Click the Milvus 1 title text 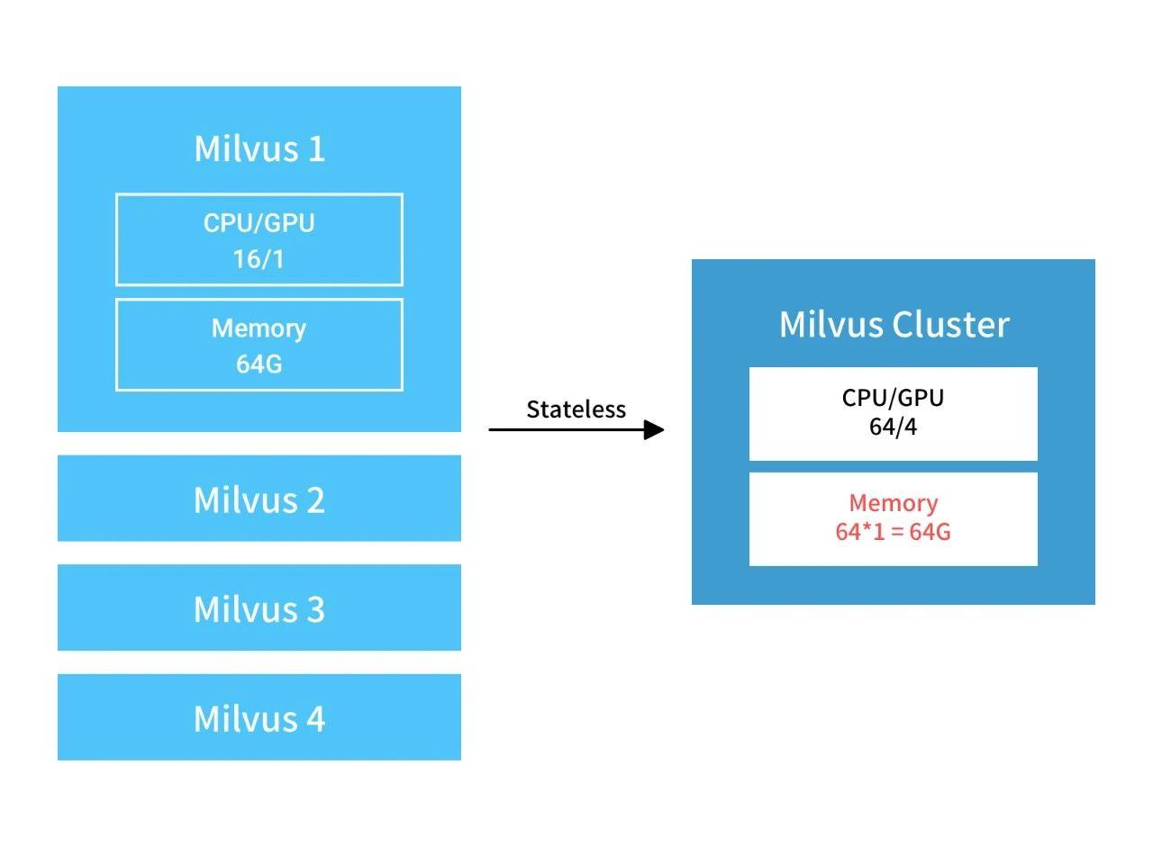259,148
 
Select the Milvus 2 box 259,499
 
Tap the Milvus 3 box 259,608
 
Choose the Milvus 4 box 259,718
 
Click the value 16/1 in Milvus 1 259,259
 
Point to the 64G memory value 259,364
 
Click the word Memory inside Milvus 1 259,328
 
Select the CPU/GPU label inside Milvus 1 259,223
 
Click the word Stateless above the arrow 576,409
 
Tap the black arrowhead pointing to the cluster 655,429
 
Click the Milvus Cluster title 894,324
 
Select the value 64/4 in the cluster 893,427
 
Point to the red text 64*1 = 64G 893,532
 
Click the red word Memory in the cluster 893,503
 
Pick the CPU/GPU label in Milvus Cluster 893,398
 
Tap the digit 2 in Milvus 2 314,499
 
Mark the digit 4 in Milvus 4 314,719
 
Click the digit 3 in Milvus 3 314,609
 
